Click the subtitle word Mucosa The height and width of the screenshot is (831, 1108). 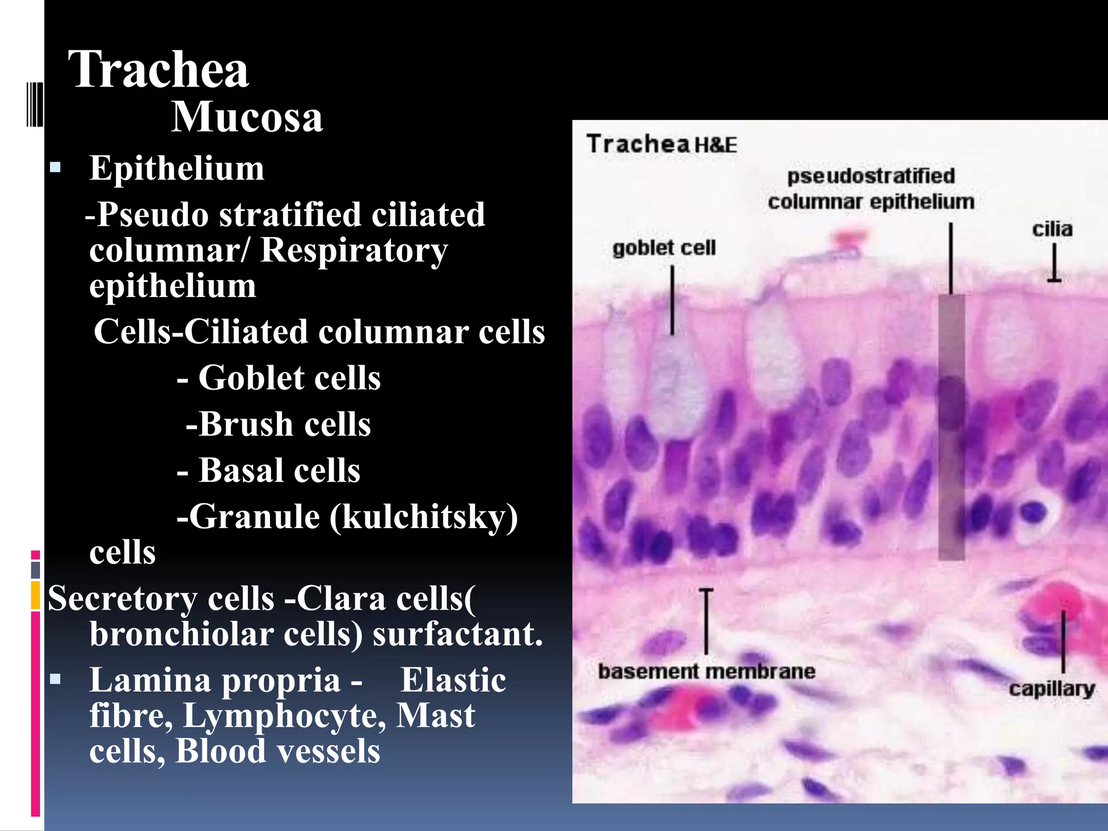pos(247,117)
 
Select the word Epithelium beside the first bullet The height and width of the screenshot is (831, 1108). pos(176,168)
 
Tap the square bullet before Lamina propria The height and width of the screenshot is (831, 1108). pos(55,678)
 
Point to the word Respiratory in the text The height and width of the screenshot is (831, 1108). pos(354,250)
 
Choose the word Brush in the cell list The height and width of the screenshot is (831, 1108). pos(246,424)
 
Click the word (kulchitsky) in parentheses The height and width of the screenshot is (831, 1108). pos(423,517)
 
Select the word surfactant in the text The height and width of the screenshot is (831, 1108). pos(457,634)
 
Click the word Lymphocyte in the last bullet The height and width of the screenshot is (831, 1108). pos(285,715)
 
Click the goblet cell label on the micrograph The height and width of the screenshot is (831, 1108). pos(664,248)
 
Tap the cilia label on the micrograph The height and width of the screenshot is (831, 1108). pos(1052,229)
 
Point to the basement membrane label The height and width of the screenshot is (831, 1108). pos(707,671)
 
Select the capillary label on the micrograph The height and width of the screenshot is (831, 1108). pos(1052,689)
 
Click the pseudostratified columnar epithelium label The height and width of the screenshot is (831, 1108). pos(871,189)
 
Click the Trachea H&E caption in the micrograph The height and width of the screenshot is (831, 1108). pos(662,144)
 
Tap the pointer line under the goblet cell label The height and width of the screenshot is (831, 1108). pos(672,300)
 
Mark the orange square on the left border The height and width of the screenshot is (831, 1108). pos(36,595)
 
